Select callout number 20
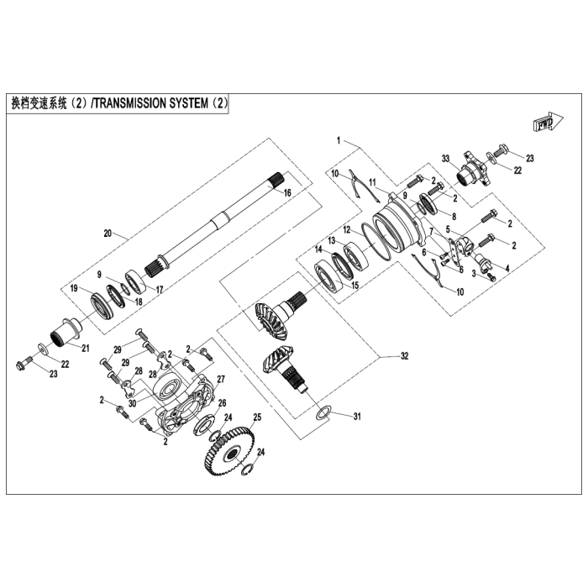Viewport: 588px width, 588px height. pyautogui.click(x=107, y=233)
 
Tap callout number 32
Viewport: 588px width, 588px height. pyautogui.click(x=404, y=356)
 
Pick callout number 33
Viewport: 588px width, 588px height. pyautogui.click(x=447, y=158)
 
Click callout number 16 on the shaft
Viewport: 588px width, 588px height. pyautogui.click(x=287, y=193)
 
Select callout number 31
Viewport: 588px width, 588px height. pyautogui.click(x=356, y=417)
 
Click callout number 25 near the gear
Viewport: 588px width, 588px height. pyautogui.click(x=258, y=417)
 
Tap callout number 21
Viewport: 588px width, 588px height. pyautogui.click(x=83, y=348)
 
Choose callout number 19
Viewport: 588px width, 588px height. pyautogui.click(x=74, y=288)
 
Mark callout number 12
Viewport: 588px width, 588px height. pyautogui.click(x=345, y=228)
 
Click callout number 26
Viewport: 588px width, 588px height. pyautogui.click(x=223, y=404)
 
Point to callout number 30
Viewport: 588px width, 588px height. pyautogui.click(x=133, y=402)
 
